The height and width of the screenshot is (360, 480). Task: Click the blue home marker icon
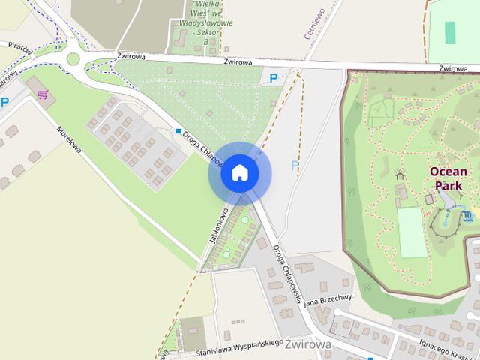click(239, 173)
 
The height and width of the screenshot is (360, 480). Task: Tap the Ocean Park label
click(448, 178)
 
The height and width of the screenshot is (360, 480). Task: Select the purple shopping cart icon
click(42, 95)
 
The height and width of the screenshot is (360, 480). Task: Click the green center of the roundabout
click(73, 58)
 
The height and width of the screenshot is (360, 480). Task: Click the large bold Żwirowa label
click(309, 344)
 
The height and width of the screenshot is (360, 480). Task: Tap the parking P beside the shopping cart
click(5, 103)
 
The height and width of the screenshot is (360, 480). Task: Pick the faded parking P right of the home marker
click(295, 165)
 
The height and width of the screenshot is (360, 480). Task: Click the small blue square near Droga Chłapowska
click(178, 131)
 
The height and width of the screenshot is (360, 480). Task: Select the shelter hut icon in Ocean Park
click(400, 175)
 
